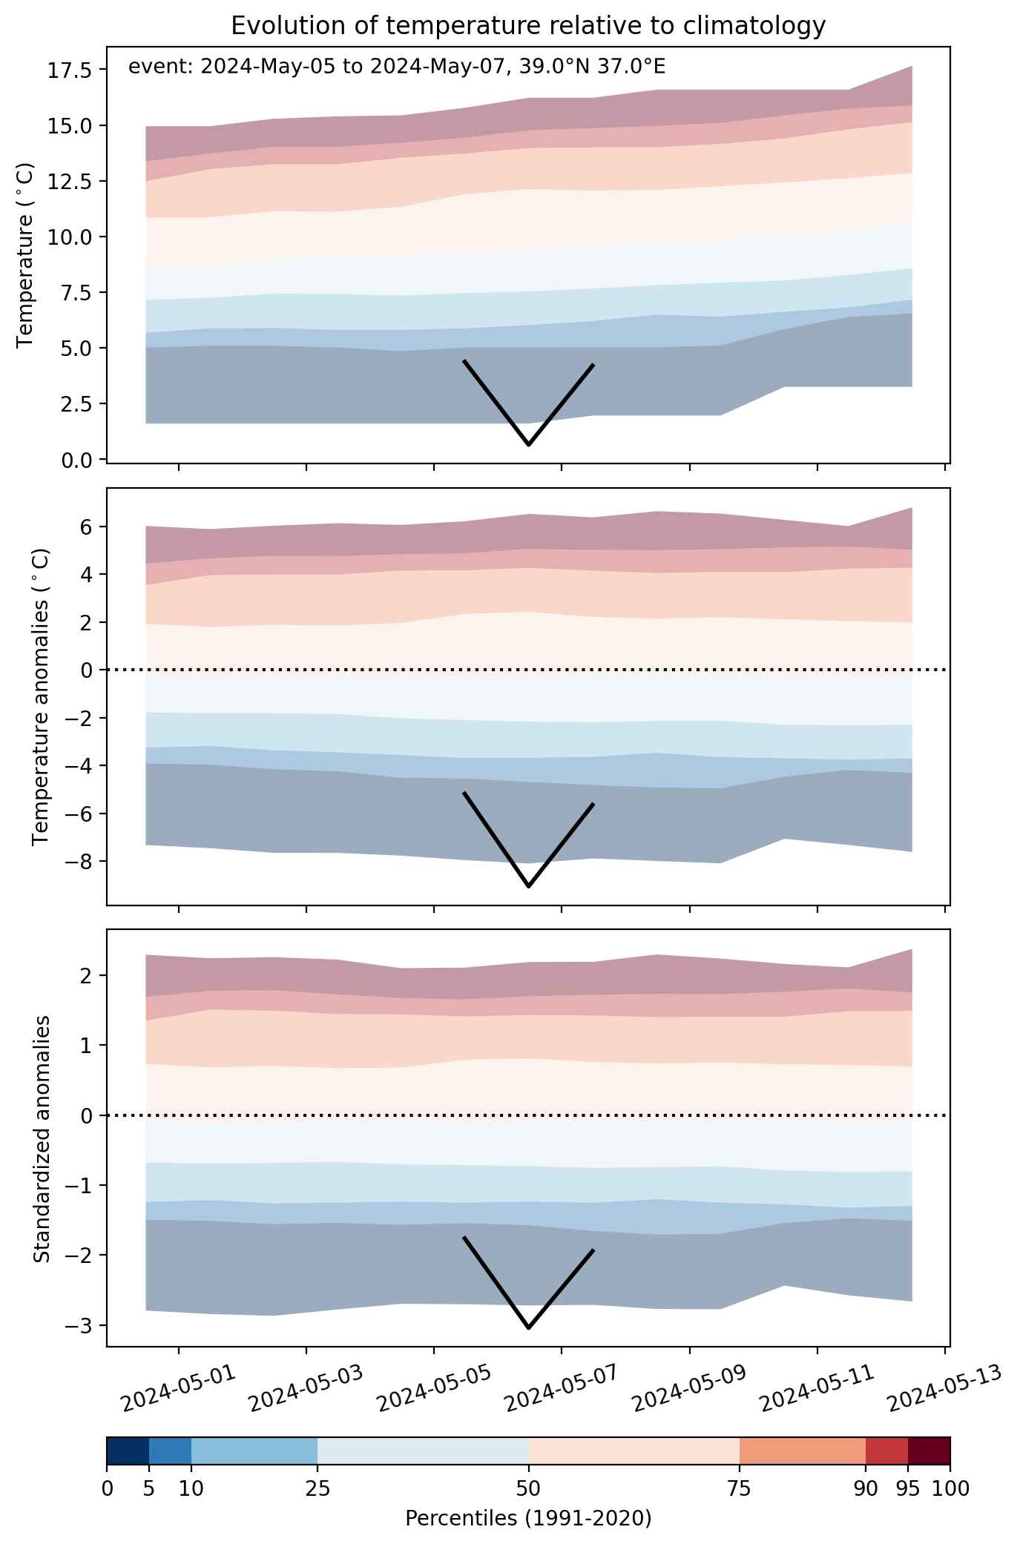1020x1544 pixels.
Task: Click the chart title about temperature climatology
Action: tap(528, 26)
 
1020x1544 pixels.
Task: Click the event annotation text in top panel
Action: tap(397, 67)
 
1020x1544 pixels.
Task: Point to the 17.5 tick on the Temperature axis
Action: tap(69, 70)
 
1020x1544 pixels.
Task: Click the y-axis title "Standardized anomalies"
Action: tap(42, 1138)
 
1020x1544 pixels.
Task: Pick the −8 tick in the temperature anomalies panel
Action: tap(78, 861)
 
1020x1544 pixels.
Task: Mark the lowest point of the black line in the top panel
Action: tap(528, 445)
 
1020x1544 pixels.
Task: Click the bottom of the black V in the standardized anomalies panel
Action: tap(528, 1328)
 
